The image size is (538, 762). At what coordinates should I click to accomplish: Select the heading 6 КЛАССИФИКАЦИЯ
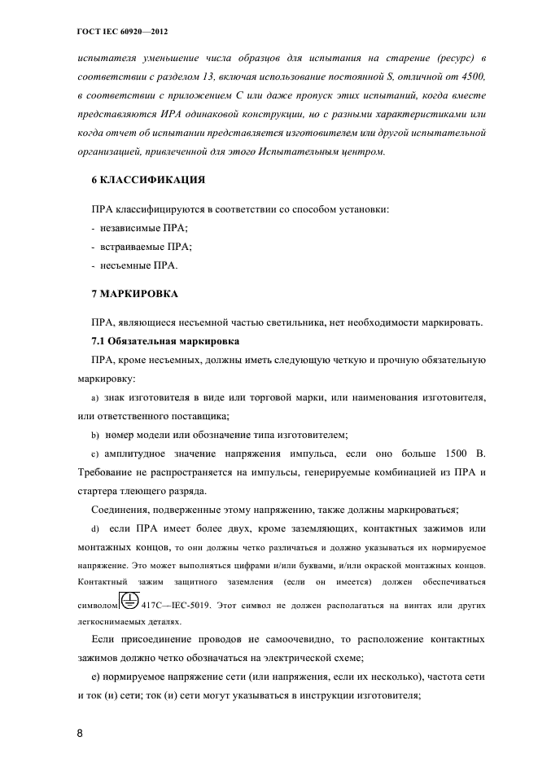147,178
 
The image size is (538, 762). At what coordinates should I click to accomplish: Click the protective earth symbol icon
129,602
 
